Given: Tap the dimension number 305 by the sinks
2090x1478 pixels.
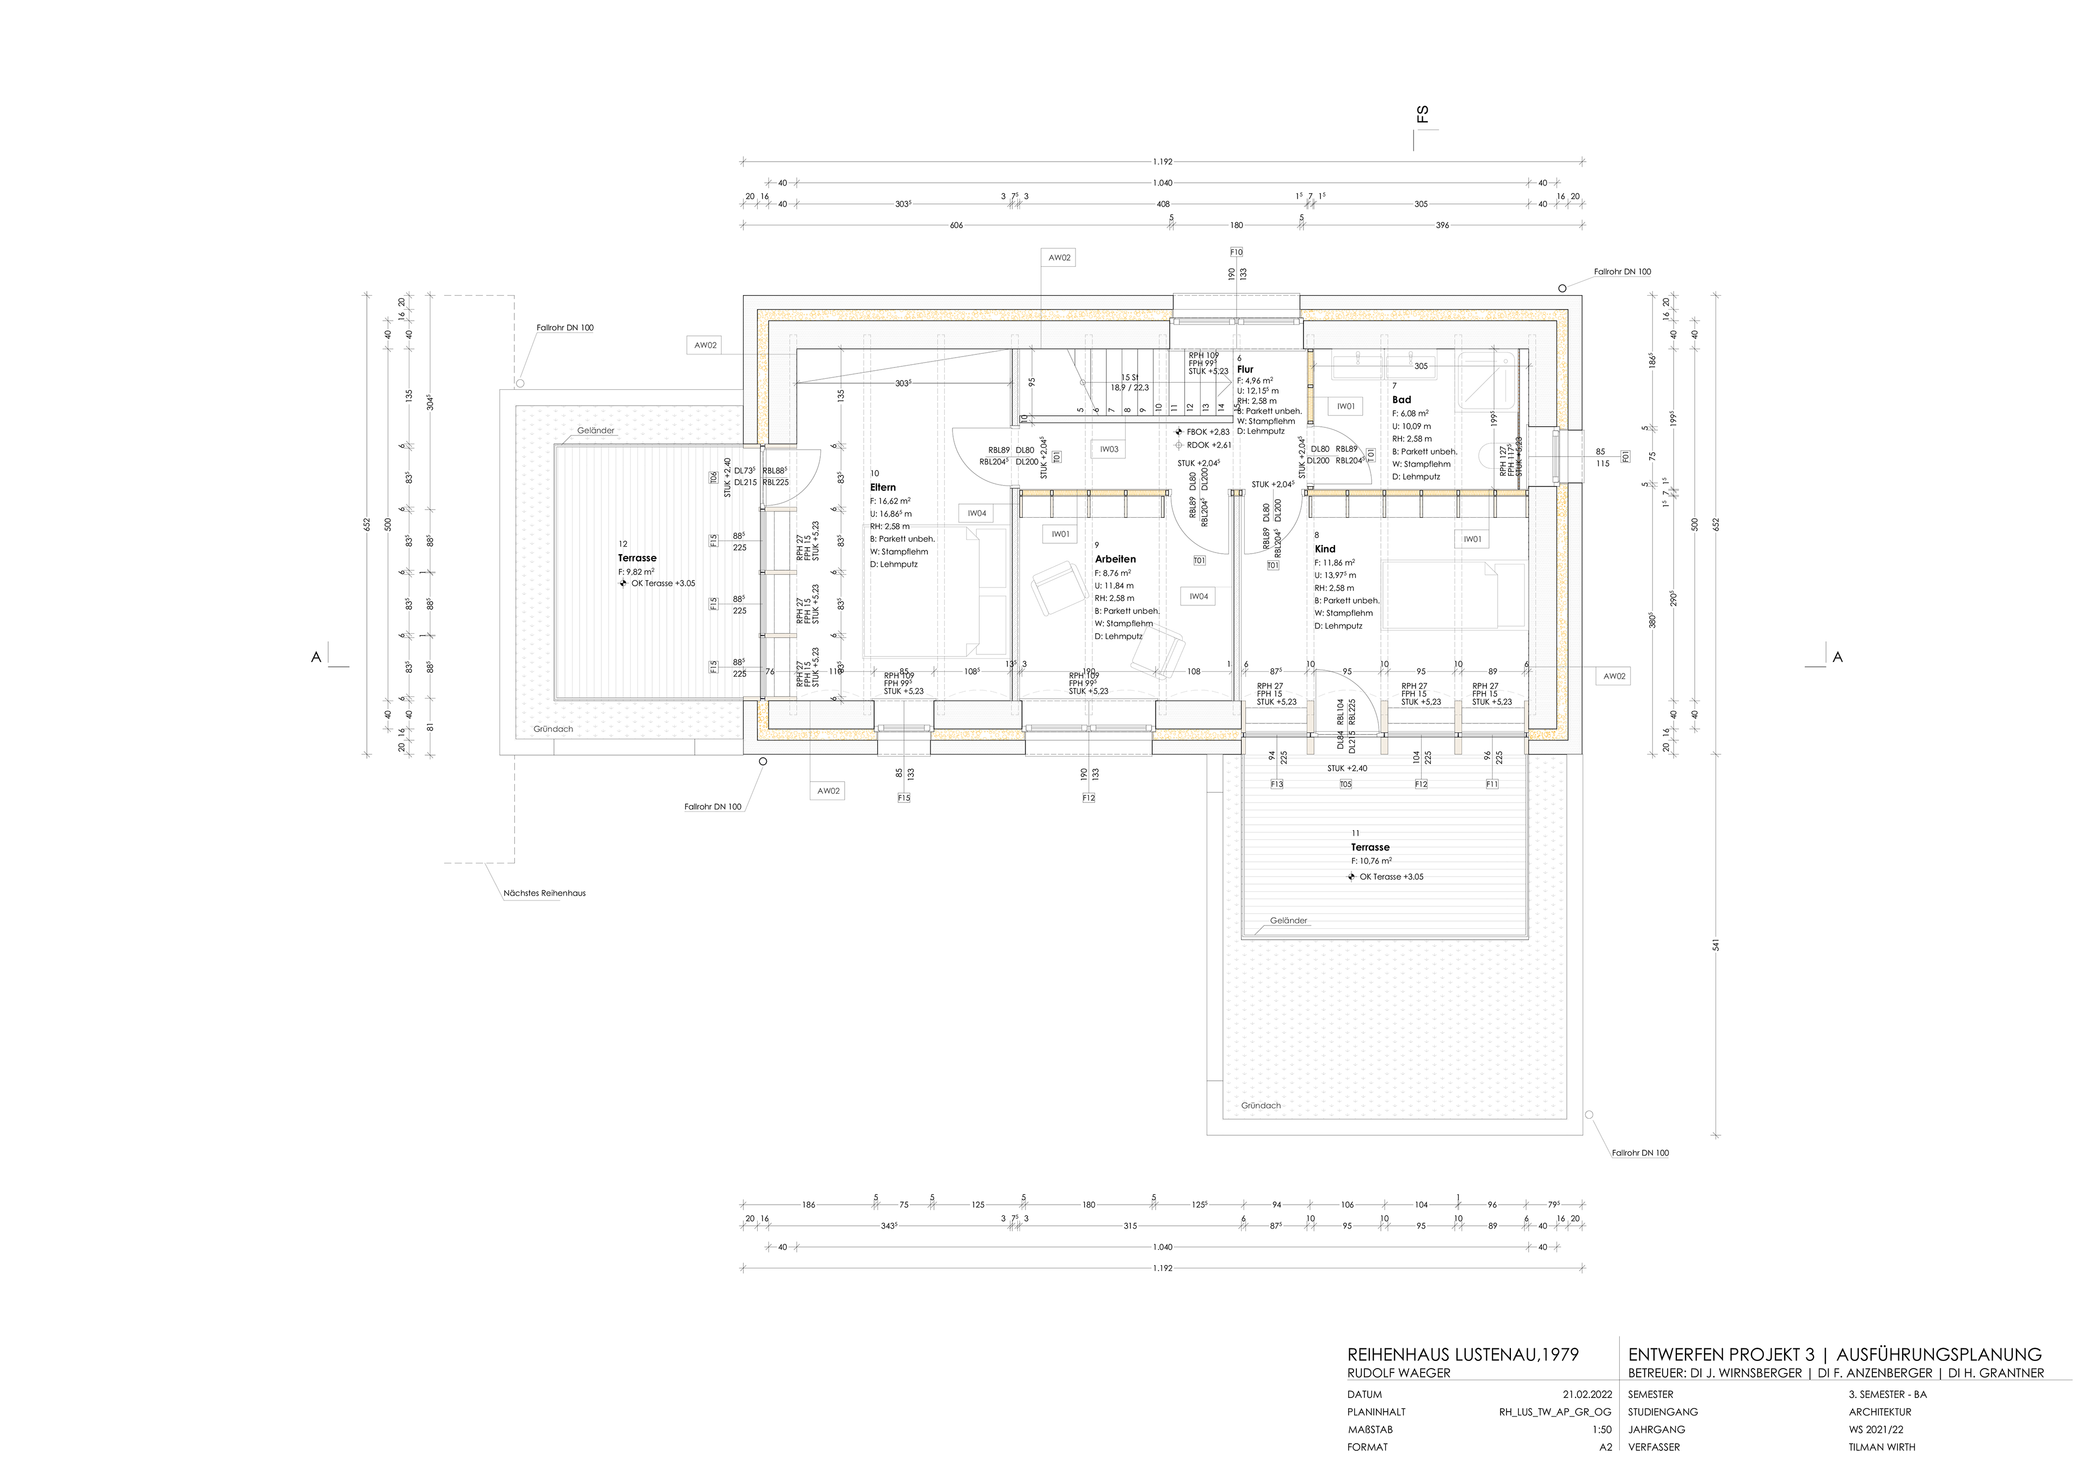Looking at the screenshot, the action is click(x=1421, y=366).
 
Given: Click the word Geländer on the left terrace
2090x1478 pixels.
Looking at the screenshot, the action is click(x=595, y=431).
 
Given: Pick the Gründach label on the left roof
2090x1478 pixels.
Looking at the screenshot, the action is click(x=554, y=728).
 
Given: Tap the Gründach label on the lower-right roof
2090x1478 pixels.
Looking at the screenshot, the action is click(x=1261, y=1106).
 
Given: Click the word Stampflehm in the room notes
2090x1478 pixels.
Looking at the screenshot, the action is click(x=905, y=552).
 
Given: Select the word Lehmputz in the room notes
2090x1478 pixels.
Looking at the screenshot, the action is click(x=899, y=565).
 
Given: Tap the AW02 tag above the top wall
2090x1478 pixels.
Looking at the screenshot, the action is click(x=1059, y=257).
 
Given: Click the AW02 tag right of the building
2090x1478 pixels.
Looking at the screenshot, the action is click(x=1614, y=676).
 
